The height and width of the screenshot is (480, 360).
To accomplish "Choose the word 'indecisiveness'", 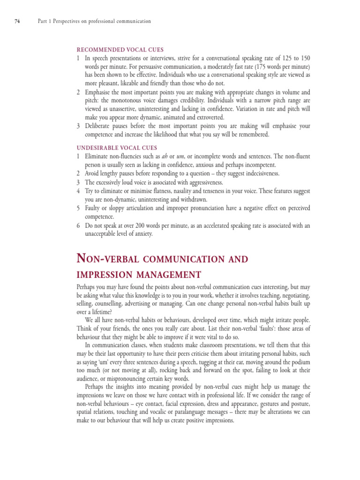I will point(257,173).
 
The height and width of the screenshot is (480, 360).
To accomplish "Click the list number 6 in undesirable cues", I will point(78,225).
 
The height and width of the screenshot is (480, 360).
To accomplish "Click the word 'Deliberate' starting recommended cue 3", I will point(100,126).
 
